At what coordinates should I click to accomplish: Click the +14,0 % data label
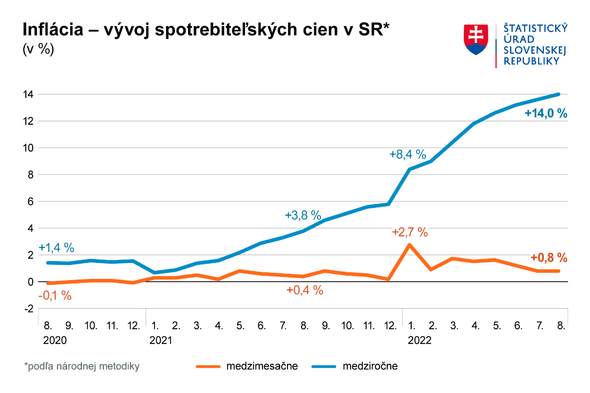coord(546,114)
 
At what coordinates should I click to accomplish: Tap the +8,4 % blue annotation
coord(408,155)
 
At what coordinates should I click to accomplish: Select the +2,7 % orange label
coord(410,232)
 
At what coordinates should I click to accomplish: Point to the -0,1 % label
coord(56,295)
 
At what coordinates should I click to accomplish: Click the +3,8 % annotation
coord(303,215)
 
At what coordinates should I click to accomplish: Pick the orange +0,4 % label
coord(305,290)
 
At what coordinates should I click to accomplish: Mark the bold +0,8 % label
coord(549,257)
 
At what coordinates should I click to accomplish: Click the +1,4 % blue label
coord(57,247)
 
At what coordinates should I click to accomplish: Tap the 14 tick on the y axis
coord(28,94)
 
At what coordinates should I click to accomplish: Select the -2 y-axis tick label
coord(28,309)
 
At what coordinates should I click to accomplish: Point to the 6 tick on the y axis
coord(30,201)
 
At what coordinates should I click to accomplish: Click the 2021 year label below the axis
coord(161,340)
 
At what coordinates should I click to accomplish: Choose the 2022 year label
coord(419,340)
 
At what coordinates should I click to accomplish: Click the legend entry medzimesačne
coord(262,366)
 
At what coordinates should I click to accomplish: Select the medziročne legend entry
coord(370,366)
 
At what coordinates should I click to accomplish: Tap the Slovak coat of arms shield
coord(476,39)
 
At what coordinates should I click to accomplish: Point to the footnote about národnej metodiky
coord(82,366)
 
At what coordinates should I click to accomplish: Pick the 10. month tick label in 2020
coord(91,325)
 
